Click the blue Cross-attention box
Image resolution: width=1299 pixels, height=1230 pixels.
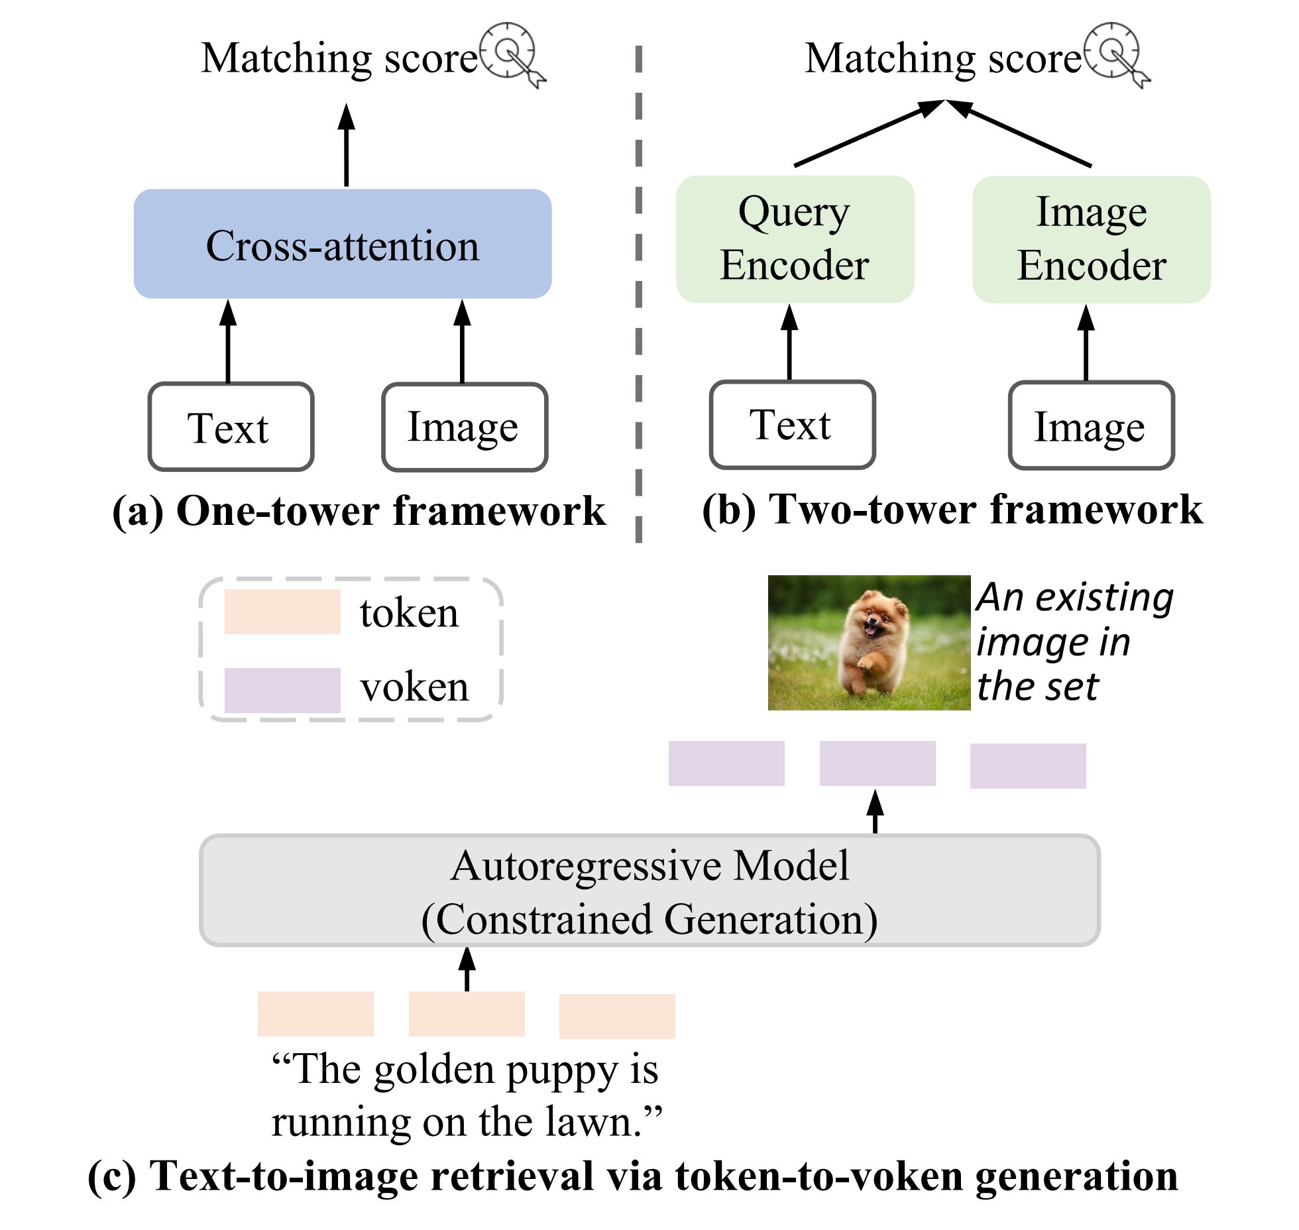point(342,244)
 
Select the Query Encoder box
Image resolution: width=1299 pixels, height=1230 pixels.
point(795,239)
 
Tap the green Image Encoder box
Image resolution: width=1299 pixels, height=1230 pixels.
point(1091,239)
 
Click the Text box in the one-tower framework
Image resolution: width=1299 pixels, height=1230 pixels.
point(231,427)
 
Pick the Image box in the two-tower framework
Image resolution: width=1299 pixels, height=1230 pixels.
point(1091,425)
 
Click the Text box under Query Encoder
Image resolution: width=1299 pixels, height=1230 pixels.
point(792,424)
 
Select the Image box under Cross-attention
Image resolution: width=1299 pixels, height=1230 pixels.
point(464,427)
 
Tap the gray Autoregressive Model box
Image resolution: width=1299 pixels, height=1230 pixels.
point(649,890)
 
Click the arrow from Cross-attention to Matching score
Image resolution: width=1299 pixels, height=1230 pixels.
point(346,146)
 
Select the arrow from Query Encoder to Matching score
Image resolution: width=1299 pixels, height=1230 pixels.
point(868,133)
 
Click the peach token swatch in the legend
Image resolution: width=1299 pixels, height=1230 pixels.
point(282,612)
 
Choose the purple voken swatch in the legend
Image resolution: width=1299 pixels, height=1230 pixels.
point(282,690)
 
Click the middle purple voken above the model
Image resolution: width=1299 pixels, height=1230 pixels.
point(877,763)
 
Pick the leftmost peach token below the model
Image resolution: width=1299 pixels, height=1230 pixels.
point(315,1013)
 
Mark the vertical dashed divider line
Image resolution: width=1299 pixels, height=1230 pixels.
point(638,292)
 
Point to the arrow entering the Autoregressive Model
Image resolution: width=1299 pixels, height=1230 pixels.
point(467,969)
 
